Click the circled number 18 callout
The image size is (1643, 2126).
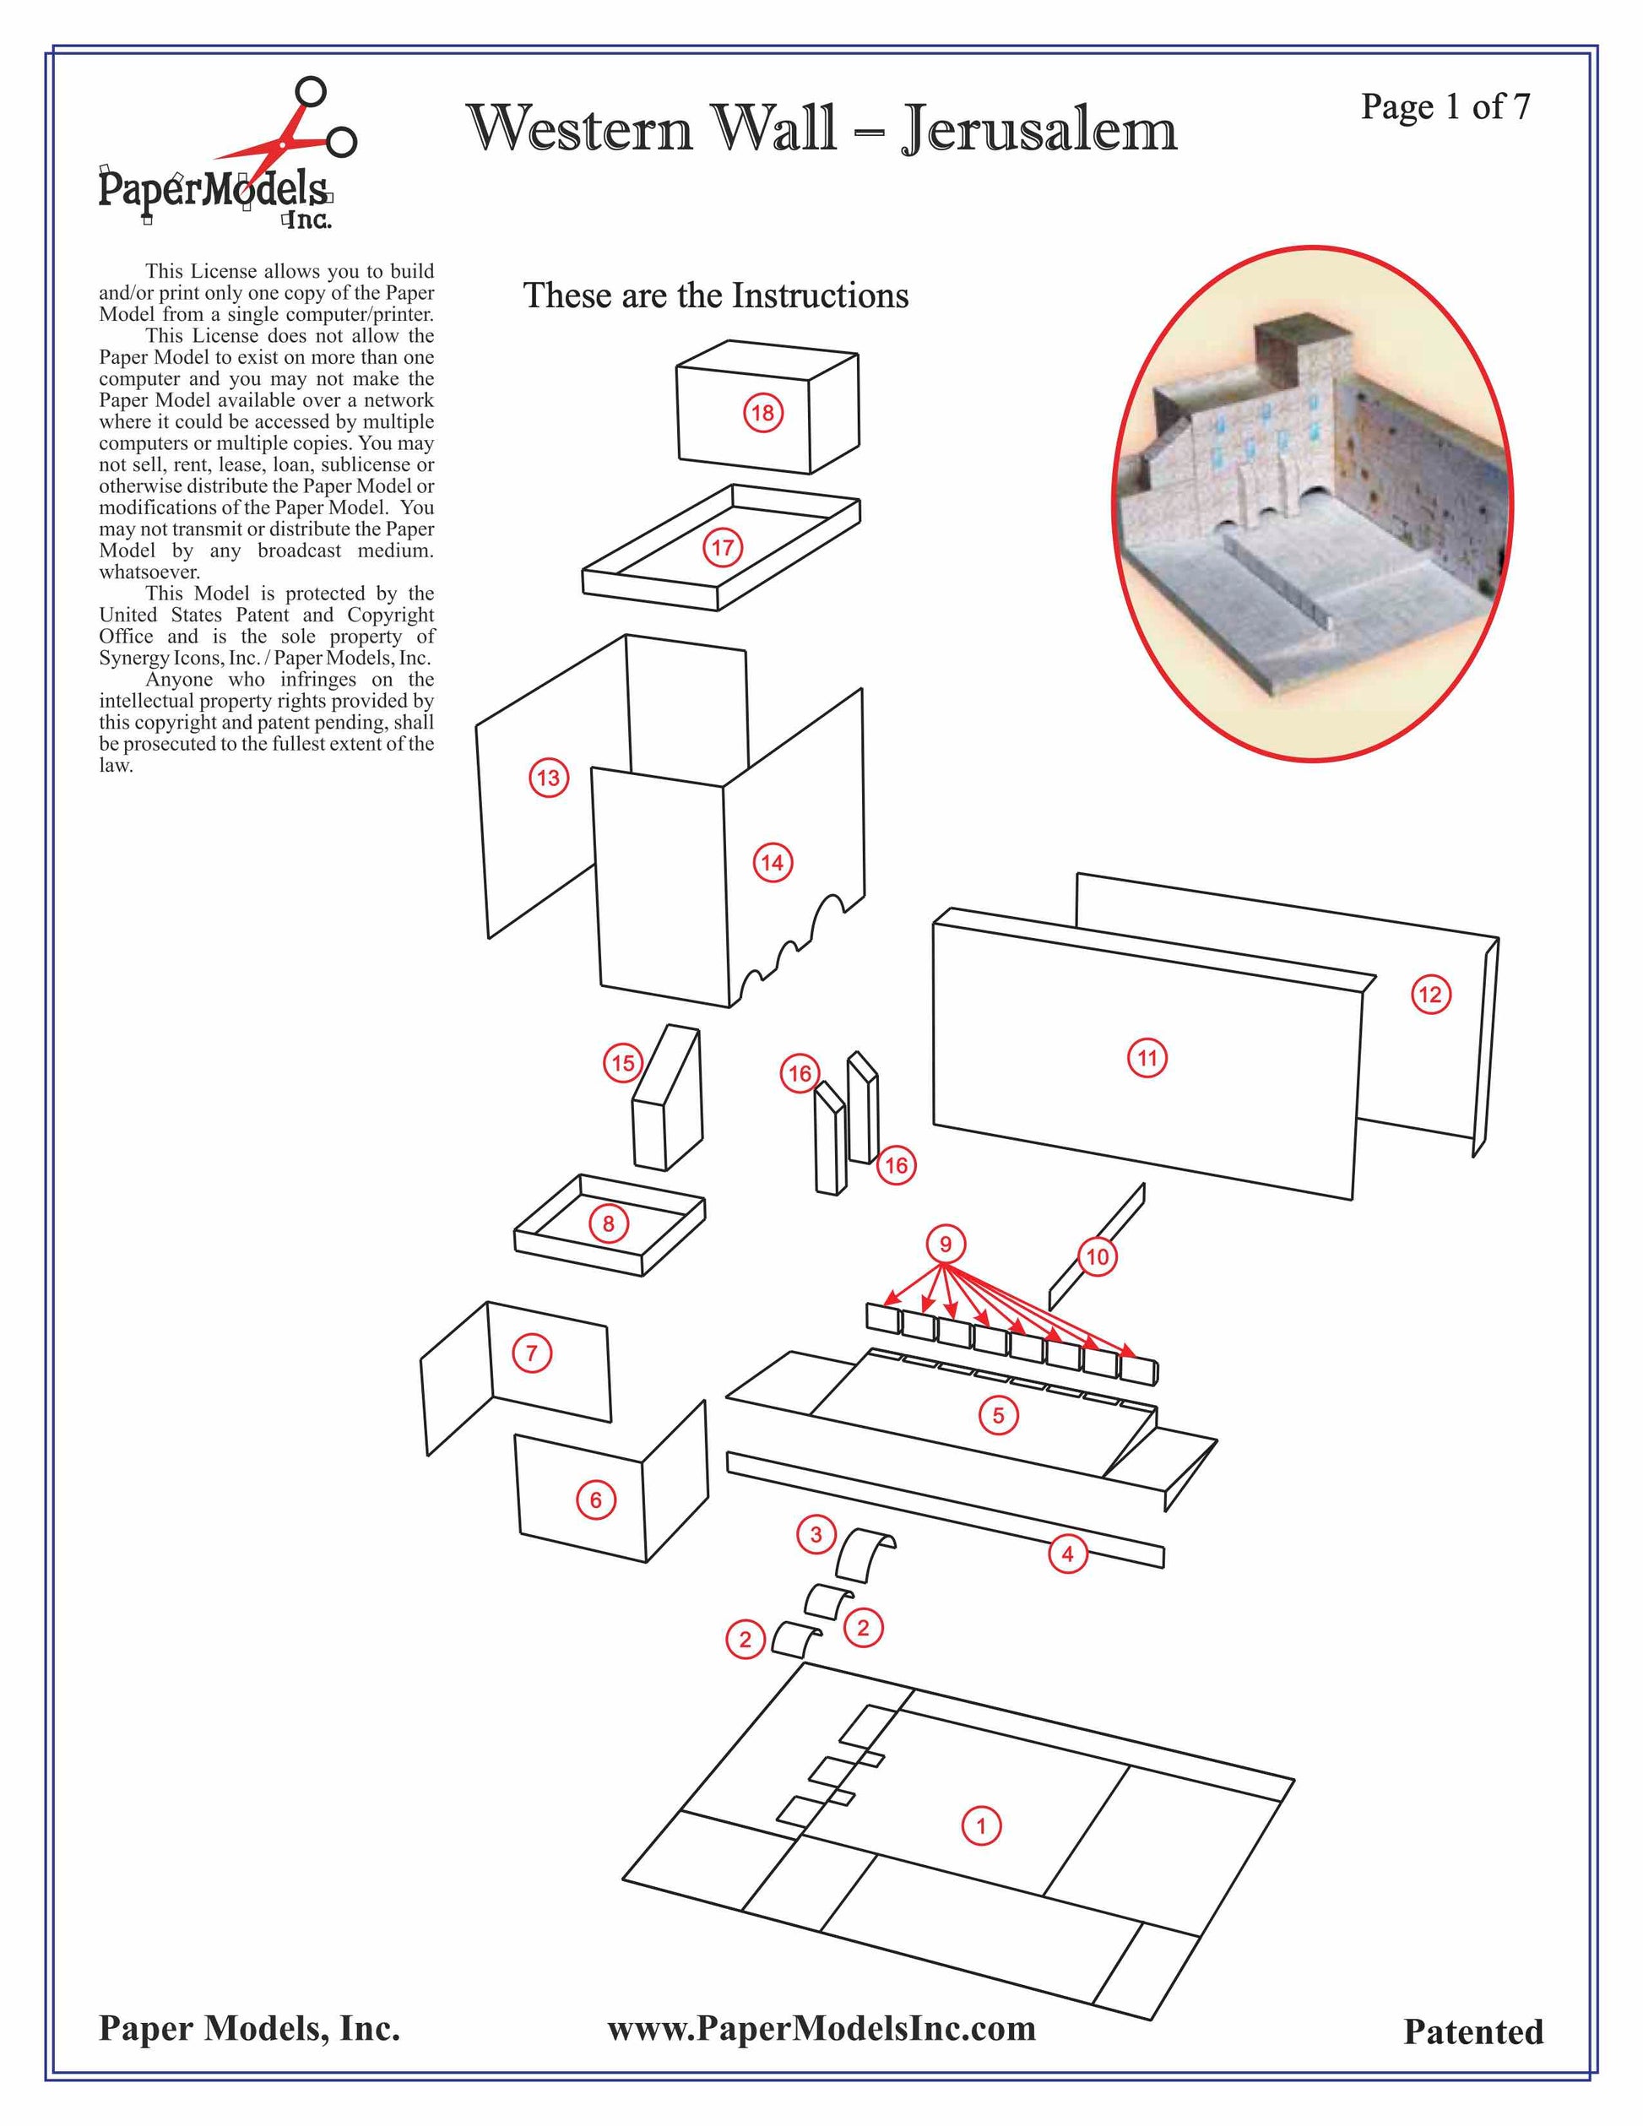[762, 413]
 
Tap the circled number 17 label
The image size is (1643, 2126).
[722, 547]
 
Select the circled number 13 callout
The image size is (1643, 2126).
[549, 778]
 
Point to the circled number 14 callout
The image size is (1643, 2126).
[772, 862]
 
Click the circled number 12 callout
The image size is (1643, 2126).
[1430, 994]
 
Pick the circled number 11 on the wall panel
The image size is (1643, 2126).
[1147, 1058]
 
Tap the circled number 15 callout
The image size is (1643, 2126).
[623, 1063]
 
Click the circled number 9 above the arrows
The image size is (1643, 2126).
[945, 1244]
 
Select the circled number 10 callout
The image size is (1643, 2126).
[1097, 1256]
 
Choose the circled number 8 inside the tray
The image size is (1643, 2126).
[609, 1223]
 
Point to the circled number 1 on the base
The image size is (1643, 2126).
[981, 1825]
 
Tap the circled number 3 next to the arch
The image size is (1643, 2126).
[816, 1535]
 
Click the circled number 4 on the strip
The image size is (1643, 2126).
[1068, 1554]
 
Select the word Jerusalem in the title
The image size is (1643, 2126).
[1039, 128]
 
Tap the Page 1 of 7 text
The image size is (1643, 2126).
[1445, 106]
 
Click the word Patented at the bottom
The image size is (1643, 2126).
[1472, 2031]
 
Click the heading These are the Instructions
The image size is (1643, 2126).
[715, 295]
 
